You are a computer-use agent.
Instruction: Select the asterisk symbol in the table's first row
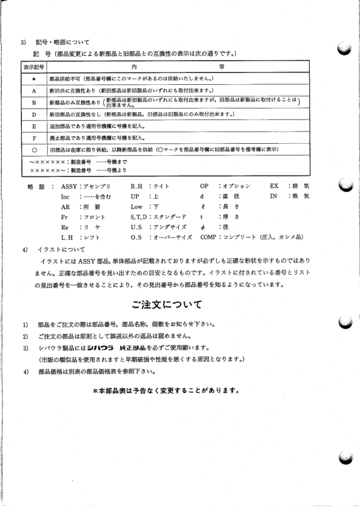35,79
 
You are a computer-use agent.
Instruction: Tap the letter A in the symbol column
35,90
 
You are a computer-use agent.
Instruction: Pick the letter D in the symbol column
35,115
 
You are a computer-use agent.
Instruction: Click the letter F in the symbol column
35,138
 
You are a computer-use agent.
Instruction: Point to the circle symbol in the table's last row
35,149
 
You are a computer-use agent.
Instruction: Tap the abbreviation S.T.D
139,216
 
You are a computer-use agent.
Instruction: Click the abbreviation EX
274,186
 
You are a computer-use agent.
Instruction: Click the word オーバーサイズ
173,237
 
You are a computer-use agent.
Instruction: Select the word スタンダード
167,216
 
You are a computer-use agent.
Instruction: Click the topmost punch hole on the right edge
345,50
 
